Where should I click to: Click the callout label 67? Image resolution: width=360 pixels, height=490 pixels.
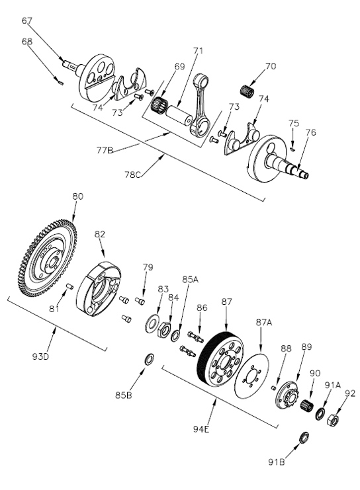[26, 20]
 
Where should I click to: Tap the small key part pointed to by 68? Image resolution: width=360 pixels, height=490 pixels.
[61, 83]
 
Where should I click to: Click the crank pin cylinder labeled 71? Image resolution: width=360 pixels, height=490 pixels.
[178, 115]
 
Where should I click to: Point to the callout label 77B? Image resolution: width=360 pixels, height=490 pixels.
[105, 150]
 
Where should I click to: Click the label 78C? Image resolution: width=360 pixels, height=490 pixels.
[132, 175]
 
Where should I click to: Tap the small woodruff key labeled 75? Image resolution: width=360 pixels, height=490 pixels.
[292, 149]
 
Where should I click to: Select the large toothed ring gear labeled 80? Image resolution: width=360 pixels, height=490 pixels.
[48, 258]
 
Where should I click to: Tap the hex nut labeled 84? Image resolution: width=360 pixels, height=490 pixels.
[164, 330]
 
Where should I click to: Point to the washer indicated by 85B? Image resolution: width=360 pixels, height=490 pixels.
[149, 359]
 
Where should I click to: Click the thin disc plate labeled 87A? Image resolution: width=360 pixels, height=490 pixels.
[251, 376]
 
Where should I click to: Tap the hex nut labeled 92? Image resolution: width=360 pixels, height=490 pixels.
[332, 419]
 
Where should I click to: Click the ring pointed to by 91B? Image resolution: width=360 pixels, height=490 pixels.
[304, 438]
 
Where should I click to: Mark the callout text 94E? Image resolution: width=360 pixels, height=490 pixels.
[201, 429]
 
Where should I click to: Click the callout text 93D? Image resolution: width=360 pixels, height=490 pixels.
[40, 356]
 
